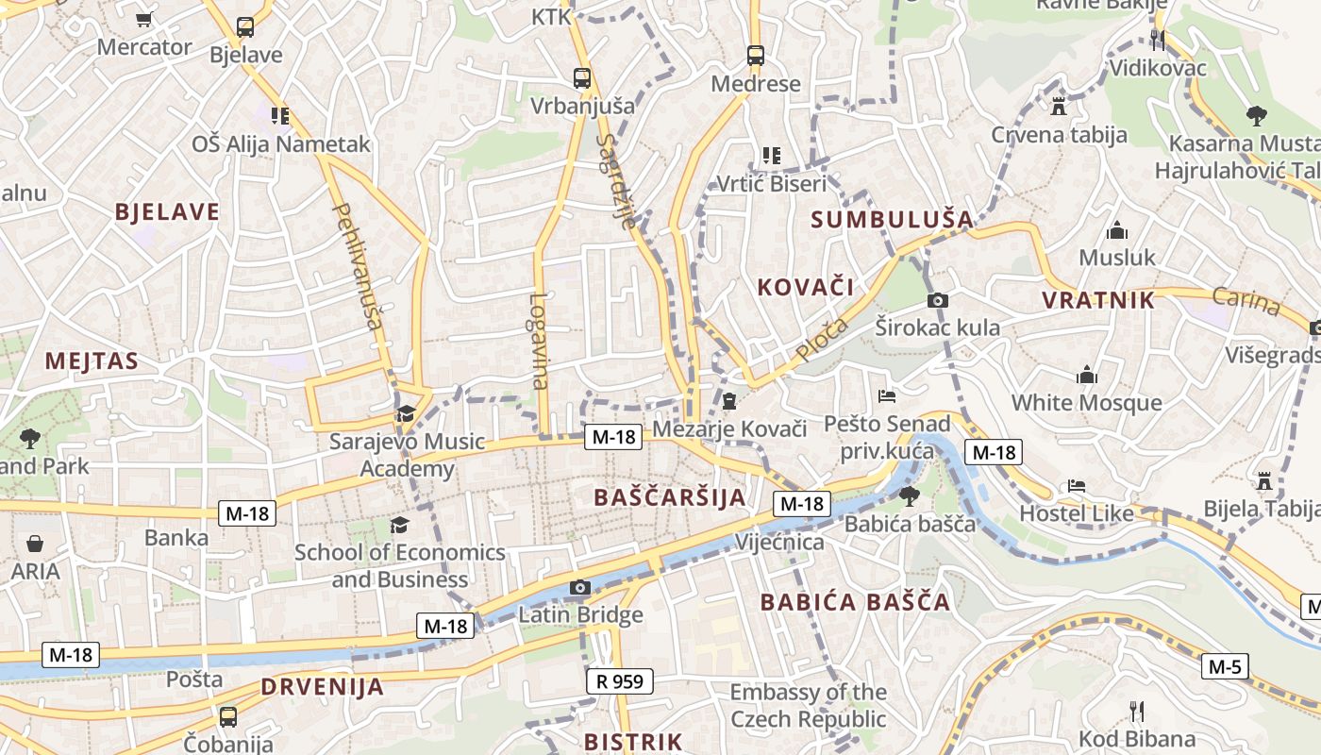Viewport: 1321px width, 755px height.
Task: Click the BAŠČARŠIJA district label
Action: (x=670, y=497)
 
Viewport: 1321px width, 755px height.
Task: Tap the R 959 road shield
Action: (x=619, y=681)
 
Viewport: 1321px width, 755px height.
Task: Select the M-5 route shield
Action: (x=1225, y=667)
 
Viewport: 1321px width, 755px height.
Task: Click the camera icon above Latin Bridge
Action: (x=580, y=588)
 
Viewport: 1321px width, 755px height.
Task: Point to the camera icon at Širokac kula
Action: (x=937, y=300)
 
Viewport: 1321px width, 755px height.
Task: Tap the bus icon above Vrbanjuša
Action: (x=582, y=78)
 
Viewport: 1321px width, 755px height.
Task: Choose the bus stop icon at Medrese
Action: (x=756, y=56)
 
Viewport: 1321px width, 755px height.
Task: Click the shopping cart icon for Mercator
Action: (x=144, y=19)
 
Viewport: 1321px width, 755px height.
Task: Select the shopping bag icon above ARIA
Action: (x=35, y=544)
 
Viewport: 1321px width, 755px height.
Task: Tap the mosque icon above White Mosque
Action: (x=1087, y=375)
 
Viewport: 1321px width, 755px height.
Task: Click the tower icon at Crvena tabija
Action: (x=1059, y=106)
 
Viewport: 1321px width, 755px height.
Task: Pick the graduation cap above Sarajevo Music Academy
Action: (x=406, y=413)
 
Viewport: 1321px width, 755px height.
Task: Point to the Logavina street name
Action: (x=539, y=341)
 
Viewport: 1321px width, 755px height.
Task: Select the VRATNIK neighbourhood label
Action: (x=1098, y=301)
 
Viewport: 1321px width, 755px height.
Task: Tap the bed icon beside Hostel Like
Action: (x=1077, y=486)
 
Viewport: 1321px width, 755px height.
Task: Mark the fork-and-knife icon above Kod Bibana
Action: (x=1137, y=711)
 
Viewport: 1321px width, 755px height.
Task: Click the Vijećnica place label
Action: (x=779, y=543)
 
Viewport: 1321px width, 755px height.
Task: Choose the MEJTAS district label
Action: (x=92, y=361)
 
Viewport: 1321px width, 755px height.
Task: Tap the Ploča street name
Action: (x=822, y=339)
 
